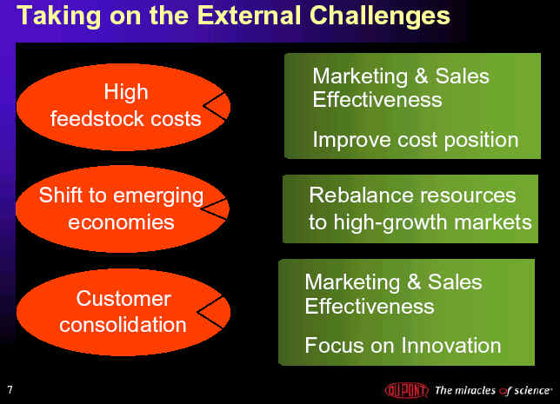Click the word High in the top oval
click(126, 92)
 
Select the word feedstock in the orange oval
click(97, 118)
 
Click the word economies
click(121, 222)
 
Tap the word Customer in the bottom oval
click(123, 298)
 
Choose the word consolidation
click(123, 324)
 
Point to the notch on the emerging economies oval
click(215, 209)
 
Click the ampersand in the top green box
click(422, 76)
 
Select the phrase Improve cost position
click(416, 140)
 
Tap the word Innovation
click(451, 346)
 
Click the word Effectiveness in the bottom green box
click(370, 306)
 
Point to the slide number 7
click(10, 389)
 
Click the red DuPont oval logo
click(407, 390)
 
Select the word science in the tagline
click(532, 390)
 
